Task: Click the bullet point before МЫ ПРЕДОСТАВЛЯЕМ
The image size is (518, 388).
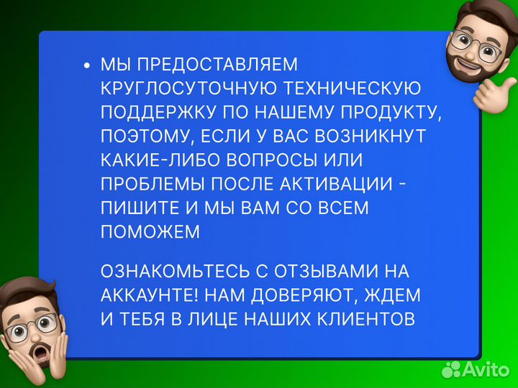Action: pyautogui.click(x=87, y=66)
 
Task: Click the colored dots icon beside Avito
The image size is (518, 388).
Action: pyautogui.click(x=452, y=369)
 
